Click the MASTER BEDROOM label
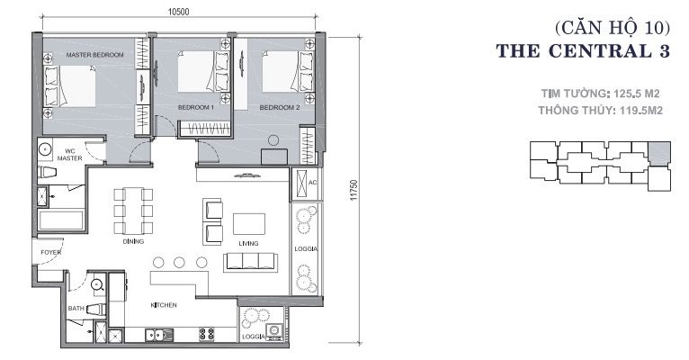[x=95, y=55]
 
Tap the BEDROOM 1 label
[x=196, y=107]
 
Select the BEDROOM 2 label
[x=280, y=107]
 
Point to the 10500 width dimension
[x=178, y=12]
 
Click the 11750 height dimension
[x=354, y=190]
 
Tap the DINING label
[x=133, y=241]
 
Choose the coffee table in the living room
[x=249, y=224]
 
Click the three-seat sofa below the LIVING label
[x=249, y=263]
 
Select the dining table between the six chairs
[x=133, y=211]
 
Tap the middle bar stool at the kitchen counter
[x=179, y=263]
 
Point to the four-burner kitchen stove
[x=207, y=335]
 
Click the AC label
[x=312, y=183]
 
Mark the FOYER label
[x=51, y=252]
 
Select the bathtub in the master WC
[x=60, y=220]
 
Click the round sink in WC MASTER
[x=45, y=149]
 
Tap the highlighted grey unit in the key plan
[x=659, y=154]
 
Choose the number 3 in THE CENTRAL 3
[x=664, y=51]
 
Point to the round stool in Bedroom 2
[x=273, y=140]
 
